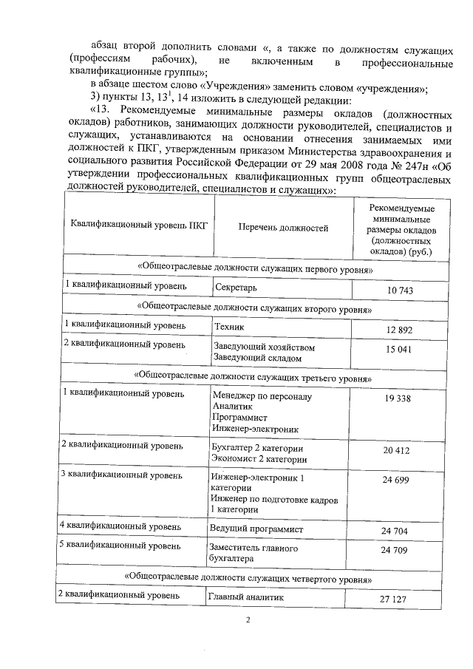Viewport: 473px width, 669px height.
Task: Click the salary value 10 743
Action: click(x=400, y=291)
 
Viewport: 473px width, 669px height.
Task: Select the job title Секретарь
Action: click(x=235, y=287)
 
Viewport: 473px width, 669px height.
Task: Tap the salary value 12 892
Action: click(x=400, y=329)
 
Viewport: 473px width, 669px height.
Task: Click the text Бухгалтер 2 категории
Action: click(x=258, y=448)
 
